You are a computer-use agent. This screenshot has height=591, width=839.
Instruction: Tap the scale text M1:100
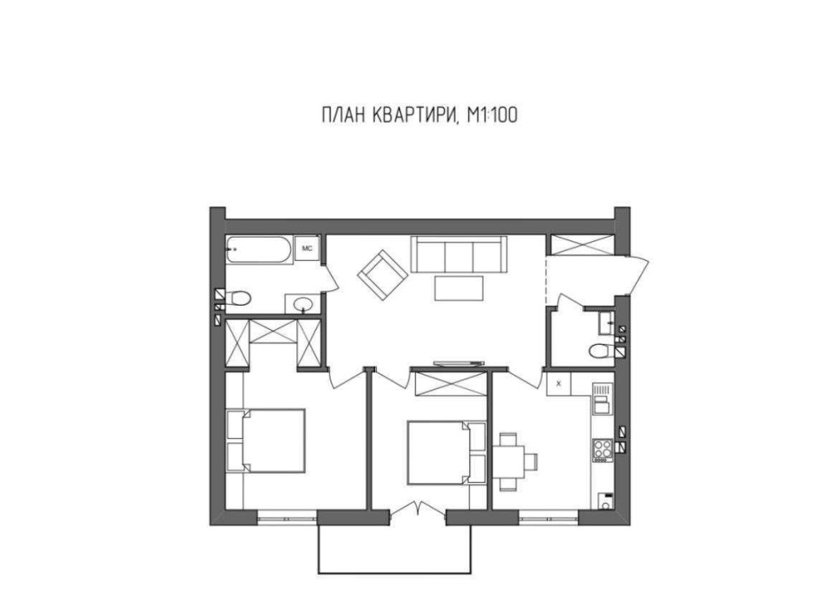pyautogui.click(x=492, y=115)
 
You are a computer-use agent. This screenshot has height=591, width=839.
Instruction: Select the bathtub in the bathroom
pyautogui.click(x=259, y=249)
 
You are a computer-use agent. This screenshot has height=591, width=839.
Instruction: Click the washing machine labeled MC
pyautogui.click(x=307, y=248)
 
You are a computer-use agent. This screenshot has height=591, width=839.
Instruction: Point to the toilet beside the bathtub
pyautogui.click(x=238, y=298)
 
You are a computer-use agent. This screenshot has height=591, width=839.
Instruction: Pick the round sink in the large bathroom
pyautogui.click(x=303, y=305)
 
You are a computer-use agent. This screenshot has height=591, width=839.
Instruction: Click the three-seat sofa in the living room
pyautogui.click(x=459, y=255)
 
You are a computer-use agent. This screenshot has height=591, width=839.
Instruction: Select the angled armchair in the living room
pyautogui.click(x=383, y=275)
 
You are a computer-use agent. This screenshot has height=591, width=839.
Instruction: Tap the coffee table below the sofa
pyautogui.click(x=459, y=288)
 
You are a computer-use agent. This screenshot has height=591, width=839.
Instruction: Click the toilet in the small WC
pyautogui.click(x=602, y=351)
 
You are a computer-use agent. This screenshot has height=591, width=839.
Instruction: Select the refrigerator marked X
pyautogui.click(x=559, y=384)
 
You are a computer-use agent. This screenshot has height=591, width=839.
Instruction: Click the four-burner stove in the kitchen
pyautogui.click(x=602, y=450)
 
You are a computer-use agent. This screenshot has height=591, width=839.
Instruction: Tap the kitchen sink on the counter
pyautogui.click(x=602, y=399)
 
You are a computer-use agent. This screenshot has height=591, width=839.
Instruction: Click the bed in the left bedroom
pyautogui.click(x=267, y=440)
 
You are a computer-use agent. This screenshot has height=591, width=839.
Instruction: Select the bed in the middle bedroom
pyautogui.click(x=446, y=452)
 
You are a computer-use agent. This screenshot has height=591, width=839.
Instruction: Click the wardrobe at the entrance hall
pyautogui.click(x=580, y=244)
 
